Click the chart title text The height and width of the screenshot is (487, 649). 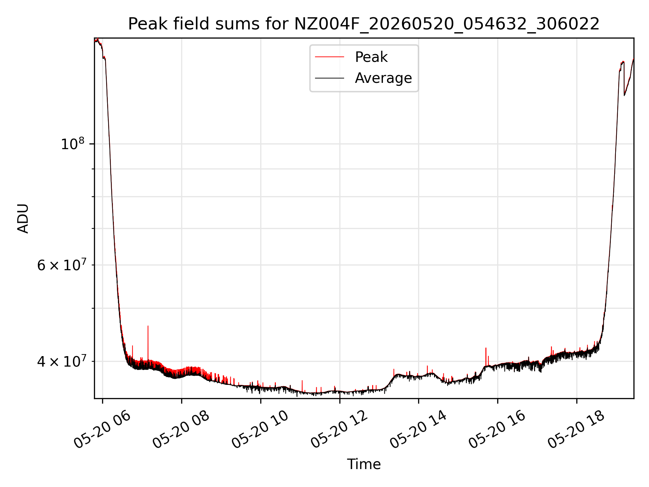point(364,24)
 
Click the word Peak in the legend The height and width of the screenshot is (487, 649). point(371,57)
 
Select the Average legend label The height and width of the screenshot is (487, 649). point(383,78)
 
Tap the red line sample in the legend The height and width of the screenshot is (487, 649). point(330,57)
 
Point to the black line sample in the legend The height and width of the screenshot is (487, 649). point(330,78)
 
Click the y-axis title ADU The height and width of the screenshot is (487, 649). point(23,218)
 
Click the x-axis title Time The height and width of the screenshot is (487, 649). point(364,464)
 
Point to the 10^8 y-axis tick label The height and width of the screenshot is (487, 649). point(72,144)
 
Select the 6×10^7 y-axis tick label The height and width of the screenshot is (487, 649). point(62,265)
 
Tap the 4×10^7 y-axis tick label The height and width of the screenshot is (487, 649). point(62,361)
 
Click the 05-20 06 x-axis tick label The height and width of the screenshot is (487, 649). point(102,430)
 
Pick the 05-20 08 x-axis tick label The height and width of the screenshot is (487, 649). point(181,430)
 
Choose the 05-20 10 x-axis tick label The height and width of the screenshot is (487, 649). point(260,430)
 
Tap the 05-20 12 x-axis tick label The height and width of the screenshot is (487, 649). point(339,430)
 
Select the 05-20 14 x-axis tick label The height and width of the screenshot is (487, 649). point(418,430)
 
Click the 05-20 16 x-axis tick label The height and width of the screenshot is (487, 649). point(498,430)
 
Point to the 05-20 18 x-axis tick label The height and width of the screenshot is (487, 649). point(577,430)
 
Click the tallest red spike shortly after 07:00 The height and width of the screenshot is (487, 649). point(148,326)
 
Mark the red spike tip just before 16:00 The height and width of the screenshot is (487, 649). point(486,348)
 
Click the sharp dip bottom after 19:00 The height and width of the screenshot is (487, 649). point(624,95)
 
